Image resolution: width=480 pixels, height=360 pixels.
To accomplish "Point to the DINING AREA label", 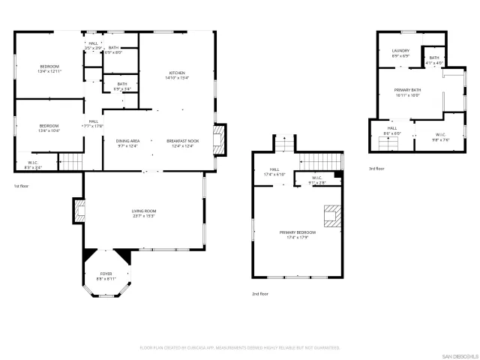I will click(x=127, y=143).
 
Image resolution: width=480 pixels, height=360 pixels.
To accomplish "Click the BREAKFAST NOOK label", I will click(x=182, y=143).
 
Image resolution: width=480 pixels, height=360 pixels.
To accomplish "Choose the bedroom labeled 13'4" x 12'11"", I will click(x=50, y=68).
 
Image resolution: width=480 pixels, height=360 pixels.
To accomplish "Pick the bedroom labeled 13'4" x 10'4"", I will click(x=49, y=127).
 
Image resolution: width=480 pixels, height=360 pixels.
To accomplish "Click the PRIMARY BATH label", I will click(x=407, y=92).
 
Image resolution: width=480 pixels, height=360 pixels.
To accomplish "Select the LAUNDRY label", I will click(x=400, y=53).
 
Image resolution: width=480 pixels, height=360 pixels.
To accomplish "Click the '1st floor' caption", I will click(x=21, y=185).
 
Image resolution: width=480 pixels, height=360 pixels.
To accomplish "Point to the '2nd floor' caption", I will click(x=259, y=294).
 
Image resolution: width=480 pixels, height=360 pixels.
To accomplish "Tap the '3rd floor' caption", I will click(x=376, y=169).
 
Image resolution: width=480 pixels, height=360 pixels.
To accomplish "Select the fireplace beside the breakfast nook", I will click(x=218, y=139).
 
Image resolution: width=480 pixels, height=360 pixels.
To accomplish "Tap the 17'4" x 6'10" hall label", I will click(x=274, y=172).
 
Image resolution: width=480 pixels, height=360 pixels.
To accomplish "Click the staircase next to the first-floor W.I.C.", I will click(x=70, y=160).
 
